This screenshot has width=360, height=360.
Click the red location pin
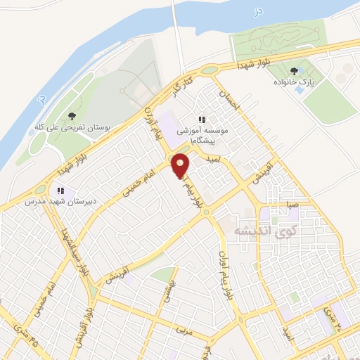[x=181, y=167]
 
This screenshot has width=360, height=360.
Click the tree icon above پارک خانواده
[x=293, y=70]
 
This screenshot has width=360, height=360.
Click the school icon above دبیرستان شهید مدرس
[x=60, y=190]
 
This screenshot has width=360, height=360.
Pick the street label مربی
[x=184, y=328]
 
